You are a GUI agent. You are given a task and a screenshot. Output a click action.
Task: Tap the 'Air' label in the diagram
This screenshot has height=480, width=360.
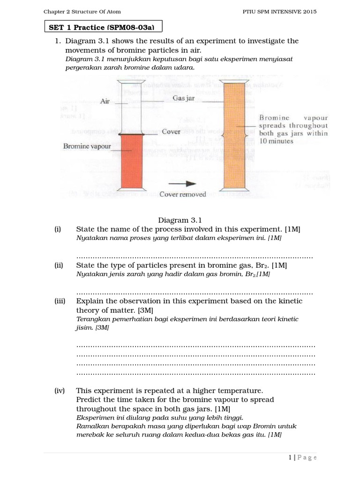[105, 101]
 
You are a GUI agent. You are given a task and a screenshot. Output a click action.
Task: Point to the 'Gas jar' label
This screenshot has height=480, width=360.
[183, 99]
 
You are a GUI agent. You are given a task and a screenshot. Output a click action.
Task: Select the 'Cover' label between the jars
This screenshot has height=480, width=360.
[171, 132]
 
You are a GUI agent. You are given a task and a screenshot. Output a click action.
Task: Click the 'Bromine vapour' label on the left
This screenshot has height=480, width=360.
[87, 146]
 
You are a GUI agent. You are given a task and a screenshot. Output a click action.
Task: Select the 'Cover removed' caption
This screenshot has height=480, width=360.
[182, 194]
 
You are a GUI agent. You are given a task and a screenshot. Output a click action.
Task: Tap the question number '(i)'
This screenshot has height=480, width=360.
[58, 229]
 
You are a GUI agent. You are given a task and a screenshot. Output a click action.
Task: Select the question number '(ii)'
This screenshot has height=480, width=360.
[59, 265]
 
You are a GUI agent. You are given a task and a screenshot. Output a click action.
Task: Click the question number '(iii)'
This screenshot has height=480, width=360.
[60, 301]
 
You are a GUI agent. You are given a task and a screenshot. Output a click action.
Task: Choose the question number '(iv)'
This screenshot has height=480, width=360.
[59, 390]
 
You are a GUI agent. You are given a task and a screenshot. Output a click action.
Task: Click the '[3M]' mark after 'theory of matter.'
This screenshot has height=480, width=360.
[145, 310]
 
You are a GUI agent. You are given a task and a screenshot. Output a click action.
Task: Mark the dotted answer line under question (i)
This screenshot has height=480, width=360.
[194, 257]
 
